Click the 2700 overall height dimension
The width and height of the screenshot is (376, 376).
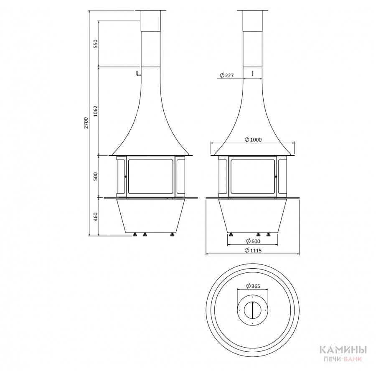(x=86, y=123)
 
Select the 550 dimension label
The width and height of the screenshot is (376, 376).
(x=96, y=43)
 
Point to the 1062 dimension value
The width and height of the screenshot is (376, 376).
(x=96, y=111)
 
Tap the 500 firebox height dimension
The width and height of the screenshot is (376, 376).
(x=96, y=176)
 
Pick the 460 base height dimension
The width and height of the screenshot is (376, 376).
(x=96, y=216)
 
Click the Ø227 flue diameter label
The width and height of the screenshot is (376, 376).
(x=226, y=75)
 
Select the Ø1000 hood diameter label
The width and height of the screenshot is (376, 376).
(x=253, y=140)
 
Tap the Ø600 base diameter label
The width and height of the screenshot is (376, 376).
(x=253, y=241)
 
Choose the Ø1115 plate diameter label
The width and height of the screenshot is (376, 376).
(x=253, y=251)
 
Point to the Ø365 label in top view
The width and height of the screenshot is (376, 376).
(x=253, y=286)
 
